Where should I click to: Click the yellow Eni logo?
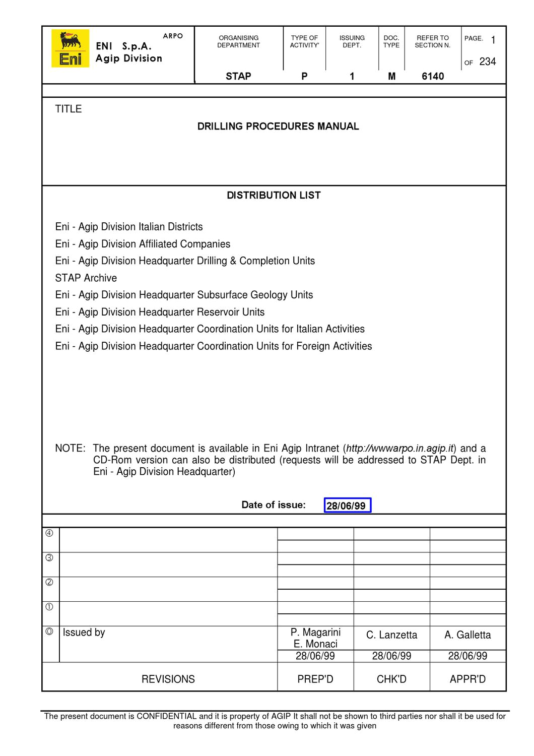[x=70, y=48]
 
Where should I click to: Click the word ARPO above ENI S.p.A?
[x=173, y=36]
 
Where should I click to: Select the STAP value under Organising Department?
[x=238, y=76]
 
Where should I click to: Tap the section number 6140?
[x=433, y=76]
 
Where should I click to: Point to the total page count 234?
[x=487, y=61]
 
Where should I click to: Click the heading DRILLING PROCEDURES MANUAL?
[x=278, y=127]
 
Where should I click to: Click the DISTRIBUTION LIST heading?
[x=274, y=196]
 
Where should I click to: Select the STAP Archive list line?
[x=86, y=278]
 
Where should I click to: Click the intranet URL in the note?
[x=400, y=448]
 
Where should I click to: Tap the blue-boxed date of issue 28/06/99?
[x=347, y=506]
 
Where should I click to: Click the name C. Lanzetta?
[x=391, y=635]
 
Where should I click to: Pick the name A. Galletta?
[x=468, y=635]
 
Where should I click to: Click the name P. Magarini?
[x=315, y=632]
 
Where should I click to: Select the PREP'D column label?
[x=315, y=679]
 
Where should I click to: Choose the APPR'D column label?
[x=468, y=679]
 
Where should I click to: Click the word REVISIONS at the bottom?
[x=168, y=679]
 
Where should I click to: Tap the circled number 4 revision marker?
[x=49, y=533]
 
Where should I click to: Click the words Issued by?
[x=84, y=633]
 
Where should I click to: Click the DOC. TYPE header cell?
[x=391, y=41]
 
